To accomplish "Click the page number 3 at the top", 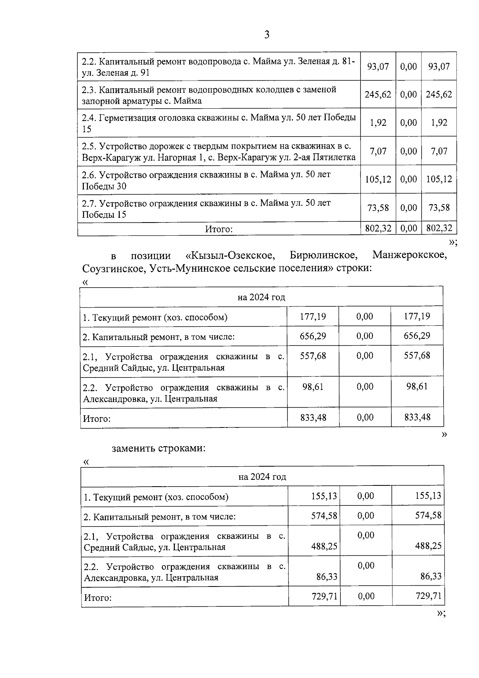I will point(267,35).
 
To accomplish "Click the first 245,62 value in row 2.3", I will point(378,95).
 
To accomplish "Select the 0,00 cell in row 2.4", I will point(408,123).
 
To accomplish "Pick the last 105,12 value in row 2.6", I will point(439,179).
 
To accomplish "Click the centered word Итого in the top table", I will point(218,229).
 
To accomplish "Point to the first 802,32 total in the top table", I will point(378,229).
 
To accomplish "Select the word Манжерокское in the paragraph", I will point(409,255).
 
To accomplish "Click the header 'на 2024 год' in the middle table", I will point(261,297).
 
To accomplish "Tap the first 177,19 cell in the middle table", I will point(313,317).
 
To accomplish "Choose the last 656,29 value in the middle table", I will point(417,336).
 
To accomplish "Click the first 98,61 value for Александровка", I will point(313,386).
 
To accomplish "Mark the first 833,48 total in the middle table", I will point(313,418).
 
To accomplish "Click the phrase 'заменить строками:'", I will point(158,448).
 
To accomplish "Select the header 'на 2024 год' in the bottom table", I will point(262,477).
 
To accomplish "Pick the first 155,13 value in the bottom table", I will point(324,496).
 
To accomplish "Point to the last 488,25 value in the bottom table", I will point(428,546).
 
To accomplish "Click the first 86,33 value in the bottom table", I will point(327,577).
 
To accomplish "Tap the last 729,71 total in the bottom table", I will point(428,596).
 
